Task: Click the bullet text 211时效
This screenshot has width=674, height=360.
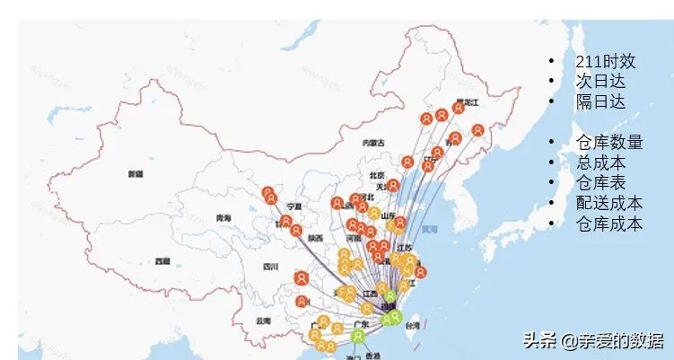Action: [606, 62]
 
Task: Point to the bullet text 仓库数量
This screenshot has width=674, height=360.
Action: [609, 143]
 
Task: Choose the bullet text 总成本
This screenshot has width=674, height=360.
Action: [600, 162]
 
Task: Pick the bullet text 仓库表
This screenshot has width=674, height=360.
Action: [600, 183]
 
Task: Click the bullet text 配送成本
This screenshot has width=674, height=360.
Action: [609, 203]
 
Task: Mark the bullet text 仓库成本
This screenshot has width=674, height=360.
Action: [609, 224]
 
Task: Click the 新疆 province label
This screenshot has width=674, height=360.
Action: [136, 173]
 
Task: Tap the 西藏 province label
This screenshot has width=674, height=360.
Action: [162, 261]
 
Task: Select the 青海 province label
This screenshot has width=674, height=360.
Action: [223, 218]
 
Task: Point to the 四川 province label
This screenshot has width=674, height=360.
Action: [271, 267]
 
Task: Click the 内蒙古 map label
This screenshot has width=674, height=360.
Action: [373, 143]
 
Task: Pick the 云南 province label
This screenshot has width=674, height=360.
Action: [262, 320]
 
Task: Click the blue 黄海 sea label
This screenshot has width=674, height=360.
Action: [431, 230]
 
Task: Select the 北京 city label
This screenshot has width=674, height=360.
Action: [377, 175]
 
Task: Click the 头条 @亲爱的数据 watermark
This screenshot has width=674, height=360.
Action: [593, 340]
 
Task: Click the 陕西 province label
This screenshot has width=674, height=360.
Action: [316, 239]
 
